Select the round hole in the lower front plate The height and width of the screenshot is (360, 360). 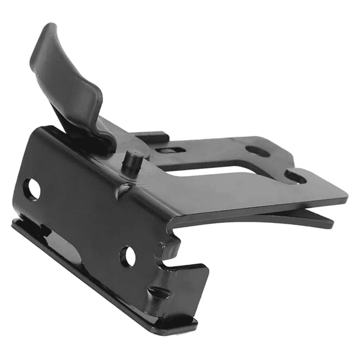click(x=128, y=257)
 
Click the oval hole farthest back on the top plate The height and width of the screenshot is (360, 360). click(x=258, y=151)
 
